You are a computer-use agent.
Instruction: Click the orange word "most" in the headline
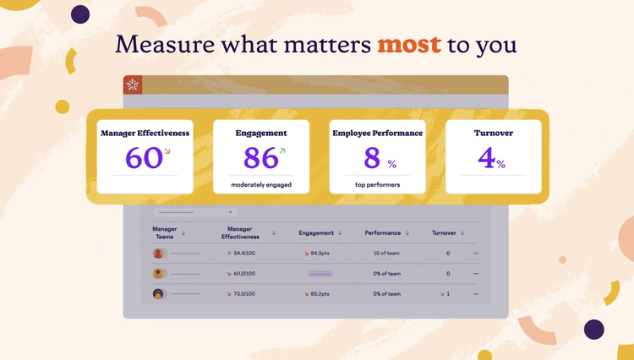(410, 44)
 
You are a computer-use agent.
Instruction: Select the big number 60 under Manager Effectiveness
(143, 158)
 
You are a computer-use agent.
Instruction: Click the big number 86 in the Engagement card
(260, 158)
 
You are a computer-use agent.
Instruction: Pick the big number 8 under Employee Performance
(373, 158)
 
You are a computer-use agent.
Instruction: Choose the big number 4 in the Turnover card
(486, 158)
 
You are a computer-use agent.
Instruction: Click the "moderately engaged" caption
(260, 184)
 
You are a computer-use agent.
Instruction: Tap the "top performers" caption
(377, 184)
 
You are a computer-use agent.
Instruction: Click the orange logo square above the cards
(133, 85)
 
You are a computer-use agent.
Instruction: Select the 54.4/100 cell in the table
(243, 254)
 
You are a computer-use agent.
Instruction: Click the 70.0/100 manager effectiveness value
(243, 294)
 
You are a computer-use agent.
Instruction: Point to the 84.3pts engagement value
(320, 254)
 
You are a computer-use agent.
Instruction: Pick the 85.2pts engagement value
(320, 294)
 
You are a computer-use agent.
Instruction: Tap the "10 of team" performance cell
(386, 254)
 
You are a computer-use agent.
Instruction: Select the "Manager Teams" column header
(165, 232)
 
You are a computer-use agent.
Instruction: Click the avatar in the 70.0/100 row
(158, 294)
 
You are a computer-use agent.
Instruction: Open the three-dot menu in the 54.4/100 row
(476, 254)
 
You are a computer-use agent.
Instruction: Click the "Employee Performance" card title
(377, 134)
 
